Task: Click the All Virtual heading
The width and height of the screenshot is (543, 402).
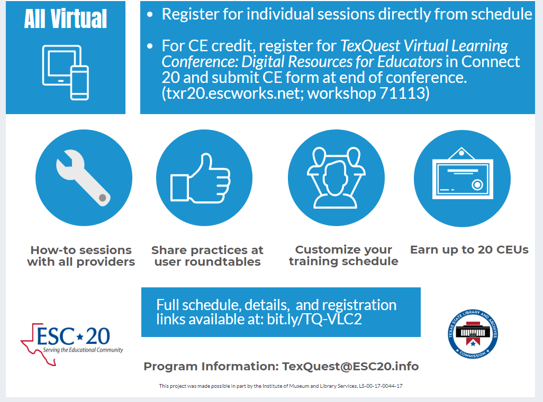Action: pyautogui.click(x=66, y=18)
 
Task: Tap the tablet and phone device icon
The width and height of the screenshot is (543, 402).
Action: pyautogui.click(x=66, y=72)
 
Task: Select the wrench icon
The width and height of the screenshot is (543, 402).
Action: pyautogui.click(x=84, y=177)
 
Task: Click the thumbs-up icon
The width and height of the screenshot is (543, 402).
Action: pyautogui.click(x=200, y=178)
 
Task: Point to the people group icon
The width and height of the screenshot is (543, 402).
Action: pyautogui.click(x=336, y=177)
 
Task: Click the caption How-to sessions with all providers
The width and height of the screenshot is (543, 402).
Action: pyautogui.click(x=81, y=256)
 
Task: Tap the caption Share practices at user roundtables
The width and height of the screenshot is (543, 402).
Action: pyautogui.click(x=207, y=256)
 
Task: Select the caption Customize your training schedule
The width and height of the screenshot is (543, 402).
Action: pyautogui.click(x=343, y=256)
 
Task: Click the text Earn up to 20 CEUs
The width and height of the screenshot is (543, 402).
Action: pyautogui.click(x=469, y=249)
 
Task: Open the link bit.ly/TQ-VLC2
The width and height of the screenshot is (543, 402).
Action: pyautogui.click(x=314, y=319)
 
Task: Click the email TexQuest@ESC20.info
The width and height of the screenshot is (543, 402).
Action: pyautogui.click(x=350, y=367)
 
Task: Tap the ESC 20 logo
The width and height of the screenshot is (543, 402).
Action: pyautogui.click(x=71, y=344)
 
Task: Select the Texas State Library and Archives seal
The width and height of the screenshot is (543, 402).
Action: pyautogui.click(x=473, y=333)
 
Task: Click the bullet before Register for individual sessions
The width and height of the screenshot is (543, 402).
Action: pyautogui.click(x=150, y=14)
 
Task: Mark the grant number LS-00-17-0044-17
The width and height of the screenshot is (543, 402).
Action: pyautogui.click(x=381, y=386)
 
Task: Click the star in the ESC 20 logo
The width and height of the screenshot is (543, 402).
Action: pyautogui.click(x=80, y=336)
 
